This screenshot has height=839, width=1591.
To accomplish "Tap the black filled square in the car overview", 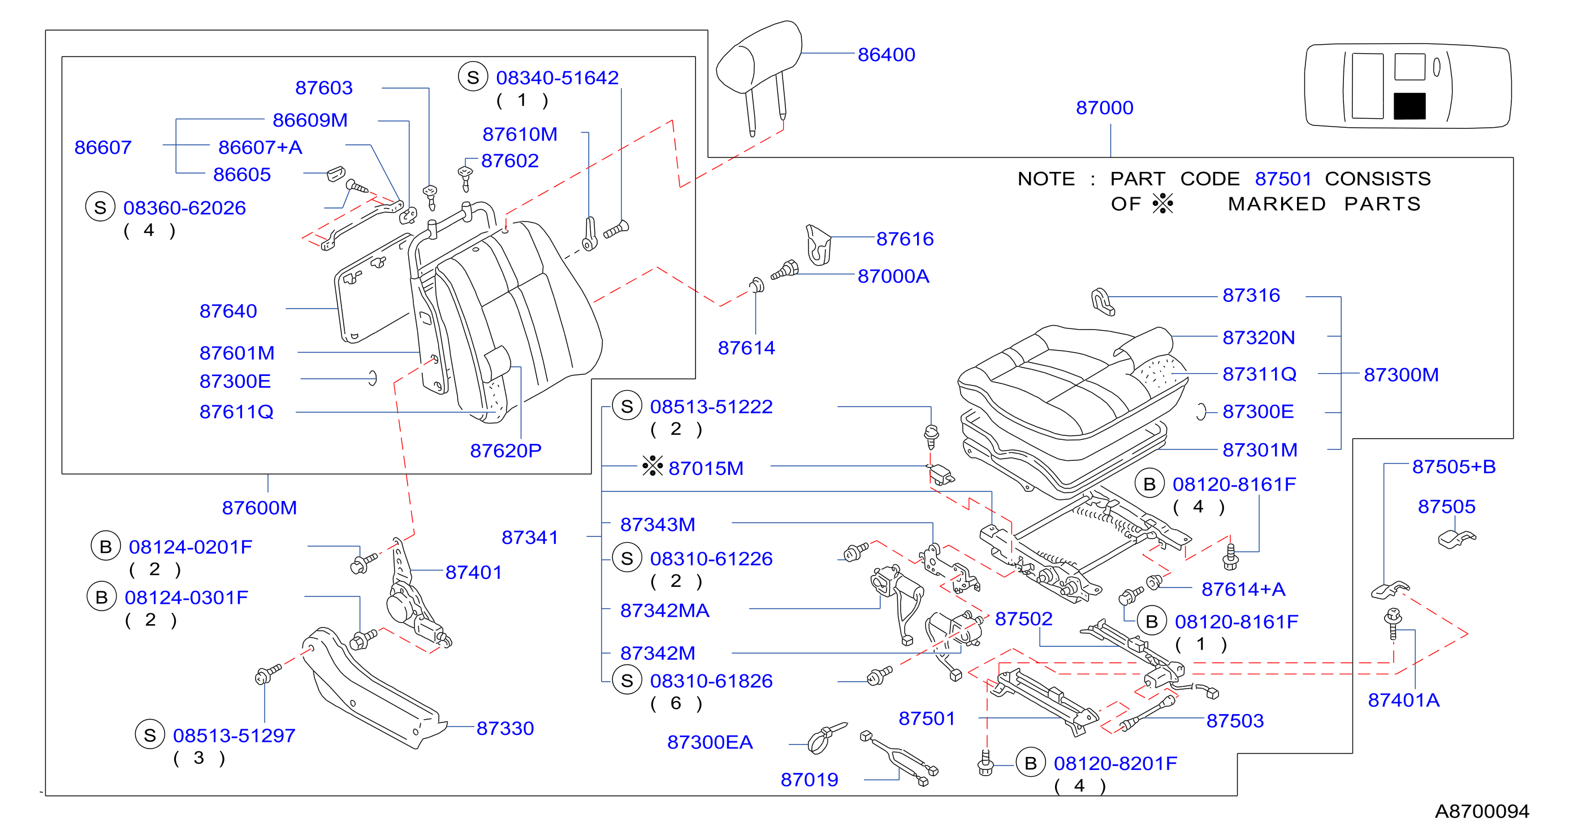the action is [1410, 106].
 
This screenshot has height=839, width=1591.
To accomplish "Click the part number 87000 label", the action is [1104, 108].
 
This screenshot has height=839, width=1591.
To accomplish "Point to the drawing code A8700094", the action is [1482, 811].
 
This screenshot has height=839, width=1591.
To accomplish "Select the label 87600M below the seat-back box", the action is [260, 508].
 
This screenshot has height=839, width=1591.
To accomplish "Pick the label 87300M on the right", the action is [1401, 375].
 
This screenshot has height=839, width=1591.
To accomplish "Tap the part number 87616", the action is [905, 239].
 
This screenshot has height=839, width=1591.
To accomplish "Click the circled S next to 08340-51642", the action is [473, 77].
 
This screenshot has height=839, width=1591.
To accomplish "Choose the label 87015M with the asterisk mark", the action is [706, 468].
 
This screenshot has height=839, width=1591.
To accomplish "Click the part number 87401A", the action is [1403, 700].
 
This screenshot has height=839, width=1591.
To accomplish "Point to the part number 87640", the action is [228, 311].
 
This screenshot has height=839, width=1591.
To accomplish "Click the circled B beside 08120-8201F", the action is [1031, 763].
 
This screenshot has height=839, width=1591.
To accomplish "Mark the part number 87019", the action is [809, 780].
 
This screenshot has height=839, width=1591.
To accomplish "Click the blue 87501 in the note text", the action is [1283, 179].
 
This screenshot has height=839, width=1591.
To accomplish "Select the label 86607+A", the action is [260, 147].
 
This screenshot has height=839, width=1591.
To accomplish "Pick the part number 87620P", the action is [505, 451].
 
